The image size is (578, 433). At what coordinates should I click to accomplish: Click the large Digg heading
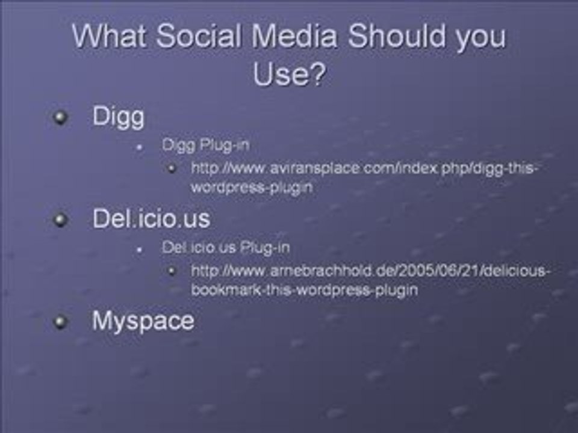118,117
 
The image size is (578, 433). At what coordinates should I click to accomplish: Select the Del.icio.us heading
151,218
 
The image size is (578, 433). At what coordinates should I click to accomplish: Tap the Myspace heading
143,321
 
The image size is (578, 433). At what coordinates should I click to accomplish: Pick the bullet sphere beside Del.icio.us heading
60,220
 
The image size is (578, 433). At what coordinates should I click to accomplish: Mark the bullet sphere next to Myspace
60,322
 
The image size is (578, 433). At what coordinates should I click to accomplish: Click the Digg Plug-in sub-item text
205,145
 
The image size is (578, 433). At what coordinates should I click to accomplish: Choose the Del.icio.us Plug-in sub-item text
225,247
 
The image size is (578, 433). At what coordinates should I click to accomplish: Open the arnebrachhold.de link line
370,271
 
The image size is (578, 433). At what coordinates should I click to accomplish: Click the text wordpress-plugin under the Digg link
252,187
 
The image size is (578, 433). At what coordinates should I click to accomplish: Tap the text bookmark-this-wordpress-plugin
304,289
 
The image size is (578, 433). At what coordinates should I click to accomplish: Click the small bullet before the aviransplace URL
172,168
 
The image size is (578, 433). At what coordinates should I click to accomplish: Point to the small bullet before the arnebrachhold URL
172,271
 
